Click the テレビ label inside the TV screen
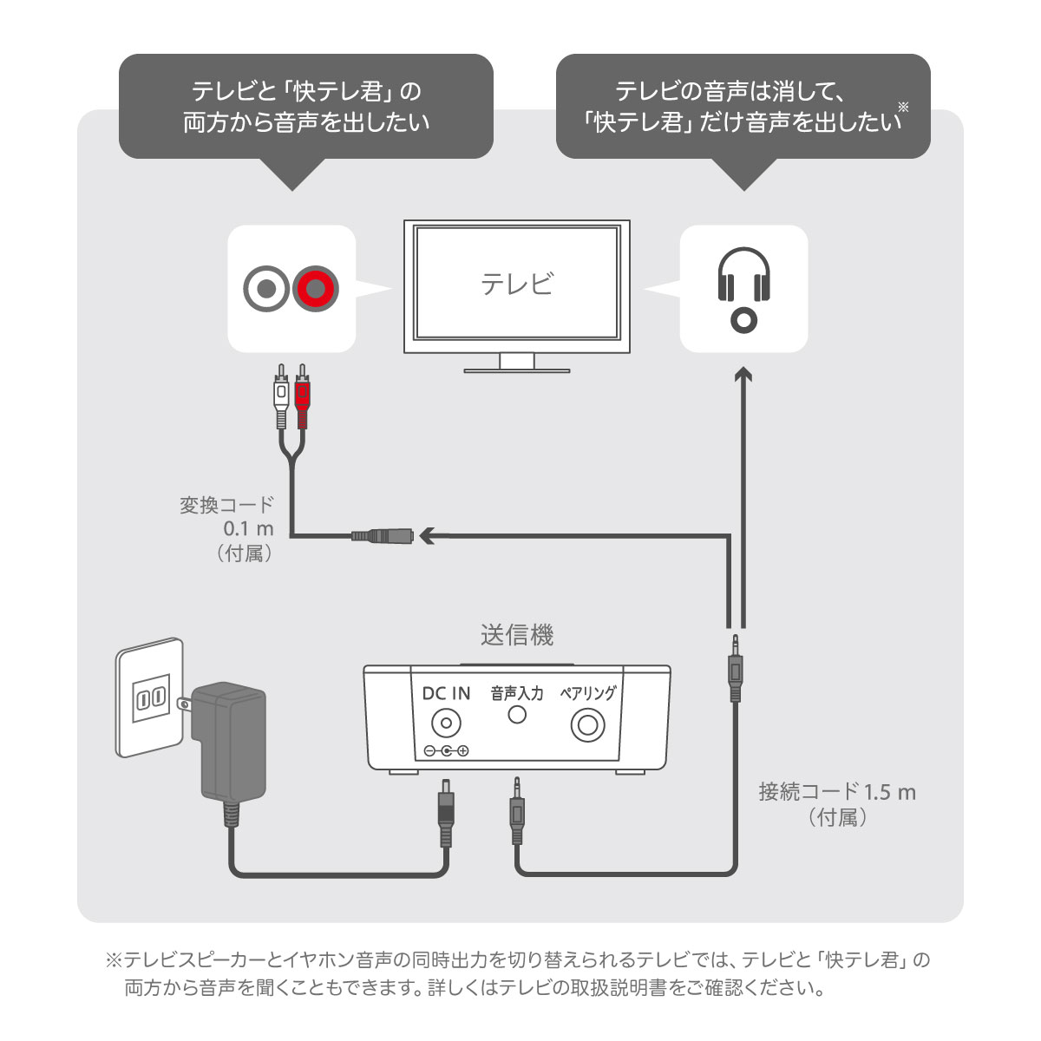tap(517, 284)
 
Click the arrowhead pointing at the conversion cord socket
tap(428, 536)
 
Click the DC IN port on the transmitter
tap(447, 722)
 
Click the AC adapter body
tap(231, 742)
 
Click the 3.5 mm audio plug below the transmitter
tap(518, 812)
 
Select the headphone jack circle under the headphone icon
tap(743, 320)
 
